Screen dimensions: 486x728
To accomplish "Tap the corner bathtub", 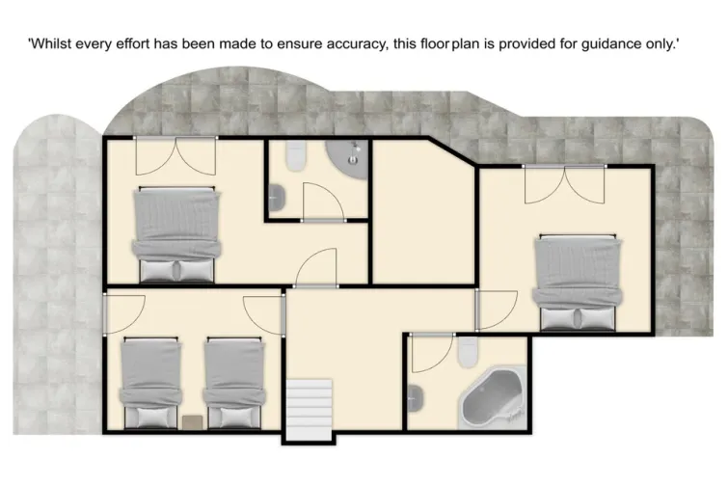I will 492,400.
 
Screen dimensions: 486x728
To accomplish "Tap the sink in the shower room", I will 277,198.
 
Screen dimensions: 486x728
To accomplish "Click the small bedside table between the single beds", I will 192,420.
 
